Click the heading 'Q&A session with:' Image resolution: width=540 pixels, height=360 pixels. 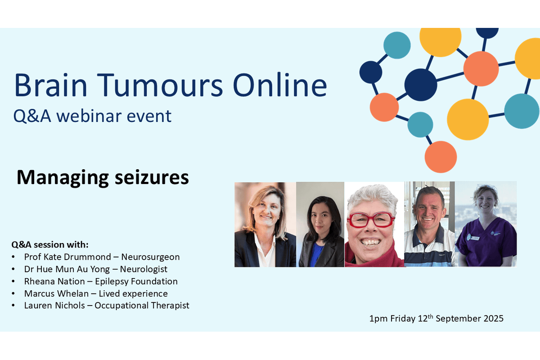(x=50, y=245)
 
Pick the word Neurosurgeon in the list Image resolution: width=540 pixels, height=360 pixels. (x=150, y=257)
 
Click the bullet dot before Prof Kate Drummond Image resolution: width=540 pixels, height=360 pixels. (x=14, y=257)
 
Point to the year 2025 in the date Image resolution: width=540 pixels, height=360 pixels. (x=492, y=319)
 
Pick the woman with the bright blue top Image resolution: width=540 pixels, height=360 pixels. (x=320, y=225)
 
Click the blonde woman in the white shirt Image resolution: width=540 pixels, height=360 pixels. (x=265, y=225)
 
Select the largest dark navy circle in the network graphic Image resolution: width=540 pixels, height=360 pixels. (x=421, y=85)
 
